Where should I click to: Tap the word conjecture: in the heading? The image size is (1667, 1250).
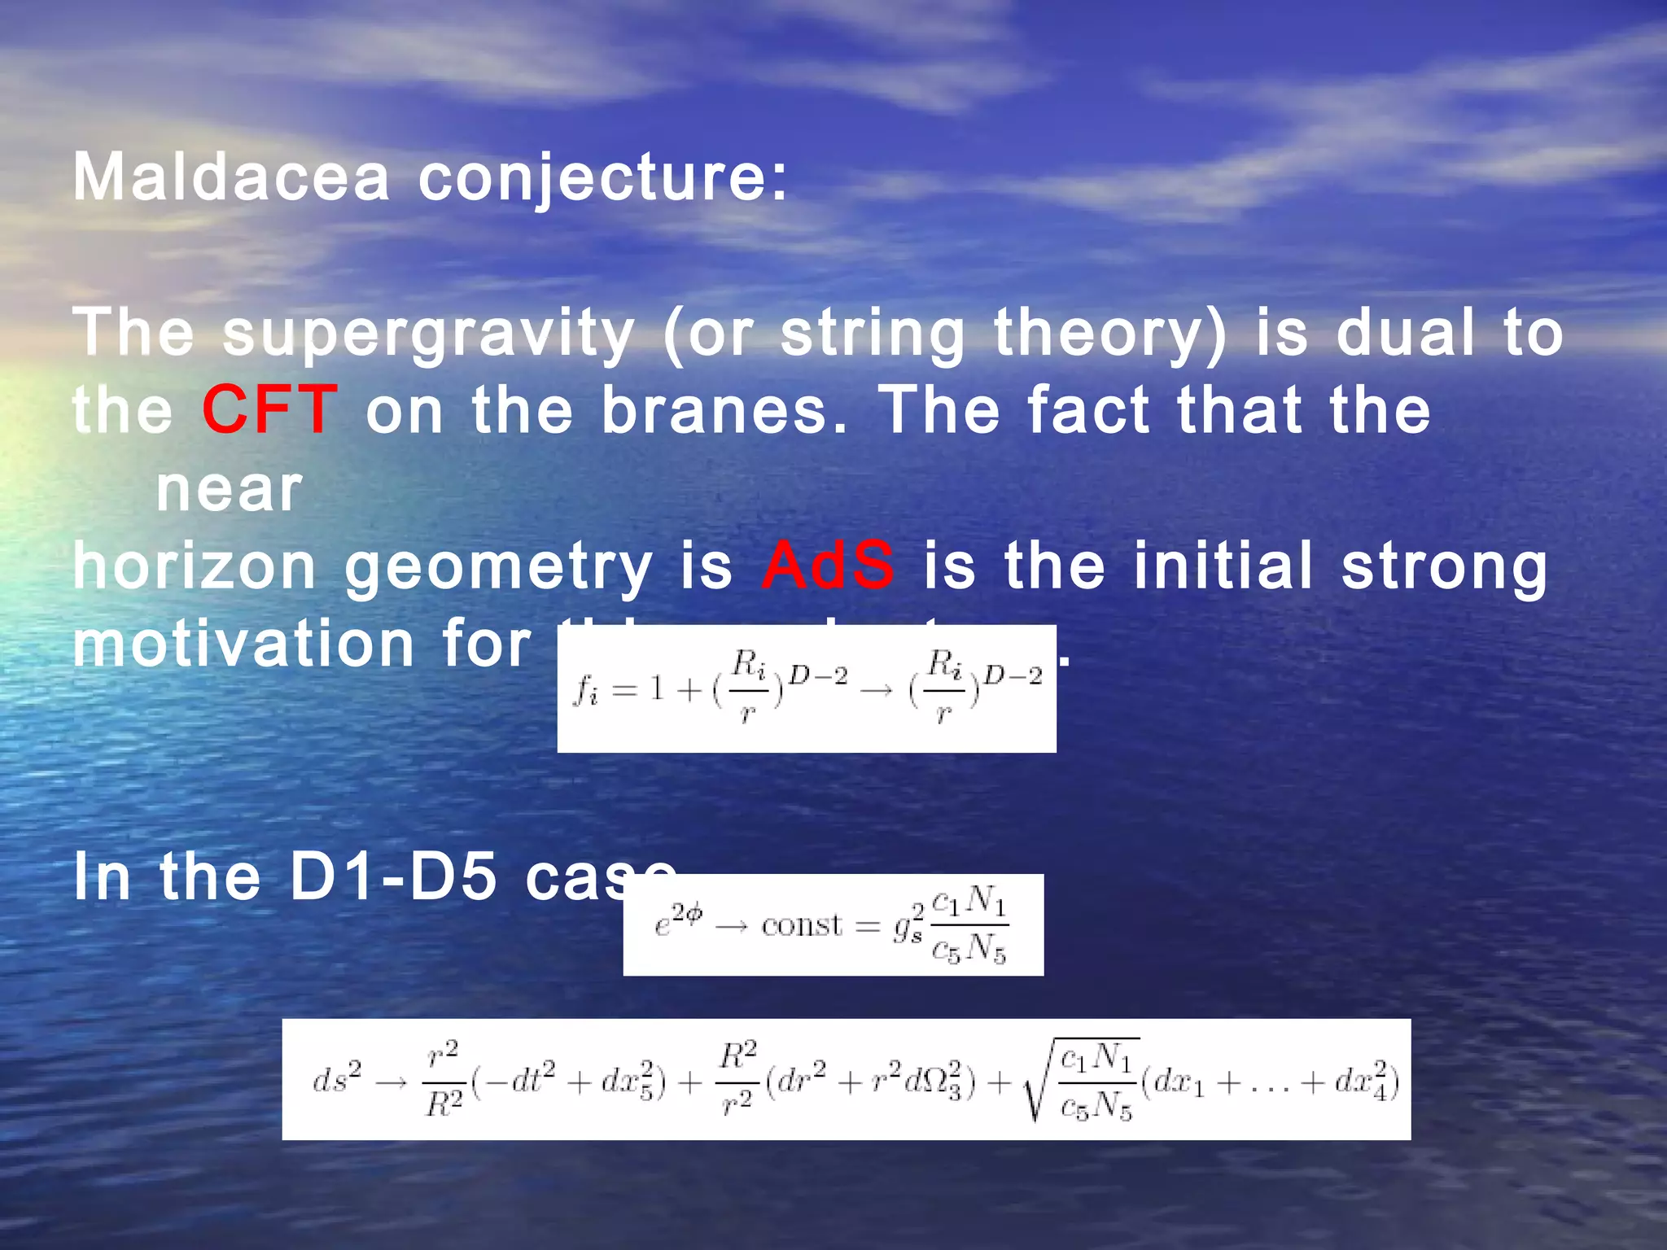603,179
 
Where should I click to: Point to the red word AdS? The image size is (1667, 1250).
828,565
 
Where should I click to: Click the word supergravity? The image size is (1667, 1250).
428,334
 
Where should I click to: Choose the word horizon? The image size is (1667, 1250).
195,566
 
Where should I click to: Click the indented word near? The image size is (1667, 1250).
230,490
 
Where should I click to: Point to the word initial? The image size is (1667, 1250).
1223,565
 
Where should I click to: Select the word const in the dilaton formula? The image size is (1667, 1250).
802,925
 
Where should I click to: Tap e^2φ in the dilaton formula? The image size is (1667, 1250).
677,922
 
